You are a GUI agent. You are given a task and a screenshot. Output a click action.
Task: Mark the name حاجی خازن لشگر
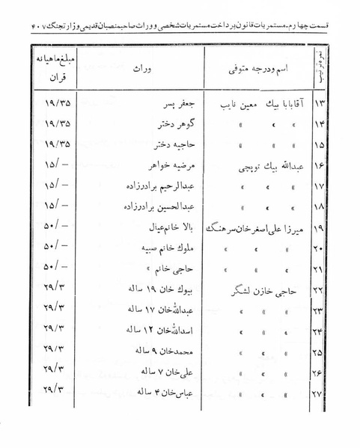point(262,286)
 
